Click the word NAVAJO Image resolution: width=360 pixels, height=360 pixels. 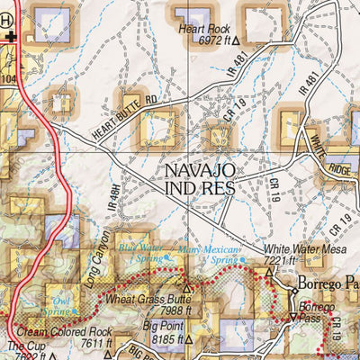199,169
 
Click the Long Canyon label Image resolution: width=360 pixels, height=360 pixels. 96,256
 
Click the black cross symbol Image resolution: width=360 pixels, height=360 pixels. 10,37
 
